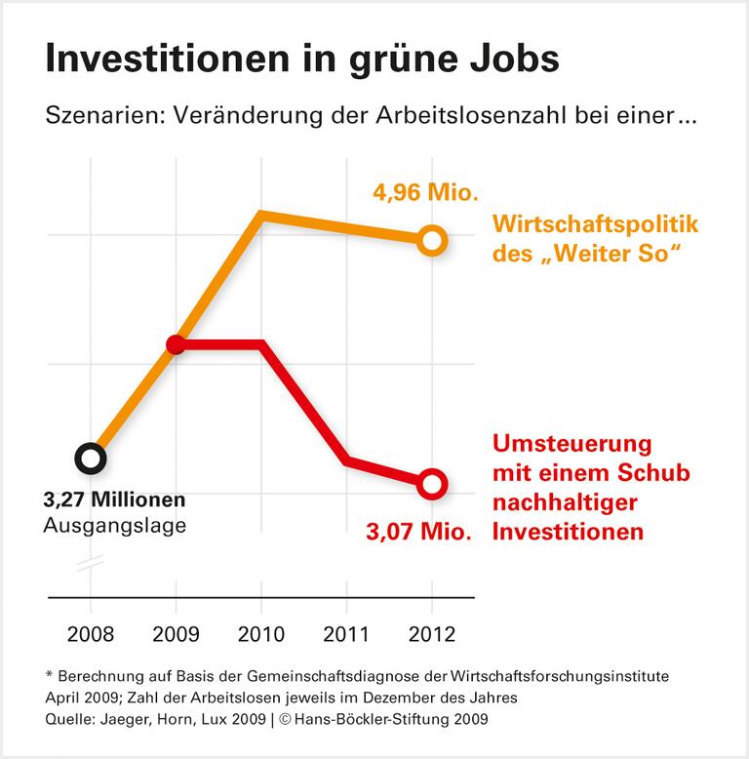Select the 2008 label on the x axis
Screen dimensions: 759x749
[91, 633]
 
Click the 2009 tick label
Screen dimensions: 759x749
[177, 633]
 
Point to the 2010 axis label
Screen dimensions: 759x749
[261, 633]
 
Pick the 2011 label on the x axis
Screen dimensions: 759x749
[347, 633]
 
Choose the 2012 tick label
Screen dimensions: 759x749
[432, 633]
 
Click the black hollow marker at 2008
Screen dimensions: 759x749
[90, 458]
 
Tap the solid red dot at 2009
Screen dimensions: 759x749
[176, 344]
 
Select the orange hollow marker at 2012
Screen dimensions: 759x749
[432, 240]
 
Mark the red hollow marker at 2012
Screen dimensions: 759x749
[432, 483]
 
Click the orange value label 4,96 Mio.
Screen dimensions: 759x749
[424, 191]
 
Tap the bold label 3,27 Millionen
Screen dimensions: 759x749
[114, 500]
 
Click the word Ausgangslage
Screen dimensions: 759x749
[114, 526]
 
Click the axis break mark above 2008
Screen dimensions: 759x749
[91, 565]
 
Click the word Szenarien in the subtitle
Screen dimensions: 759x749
[91, 116]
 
